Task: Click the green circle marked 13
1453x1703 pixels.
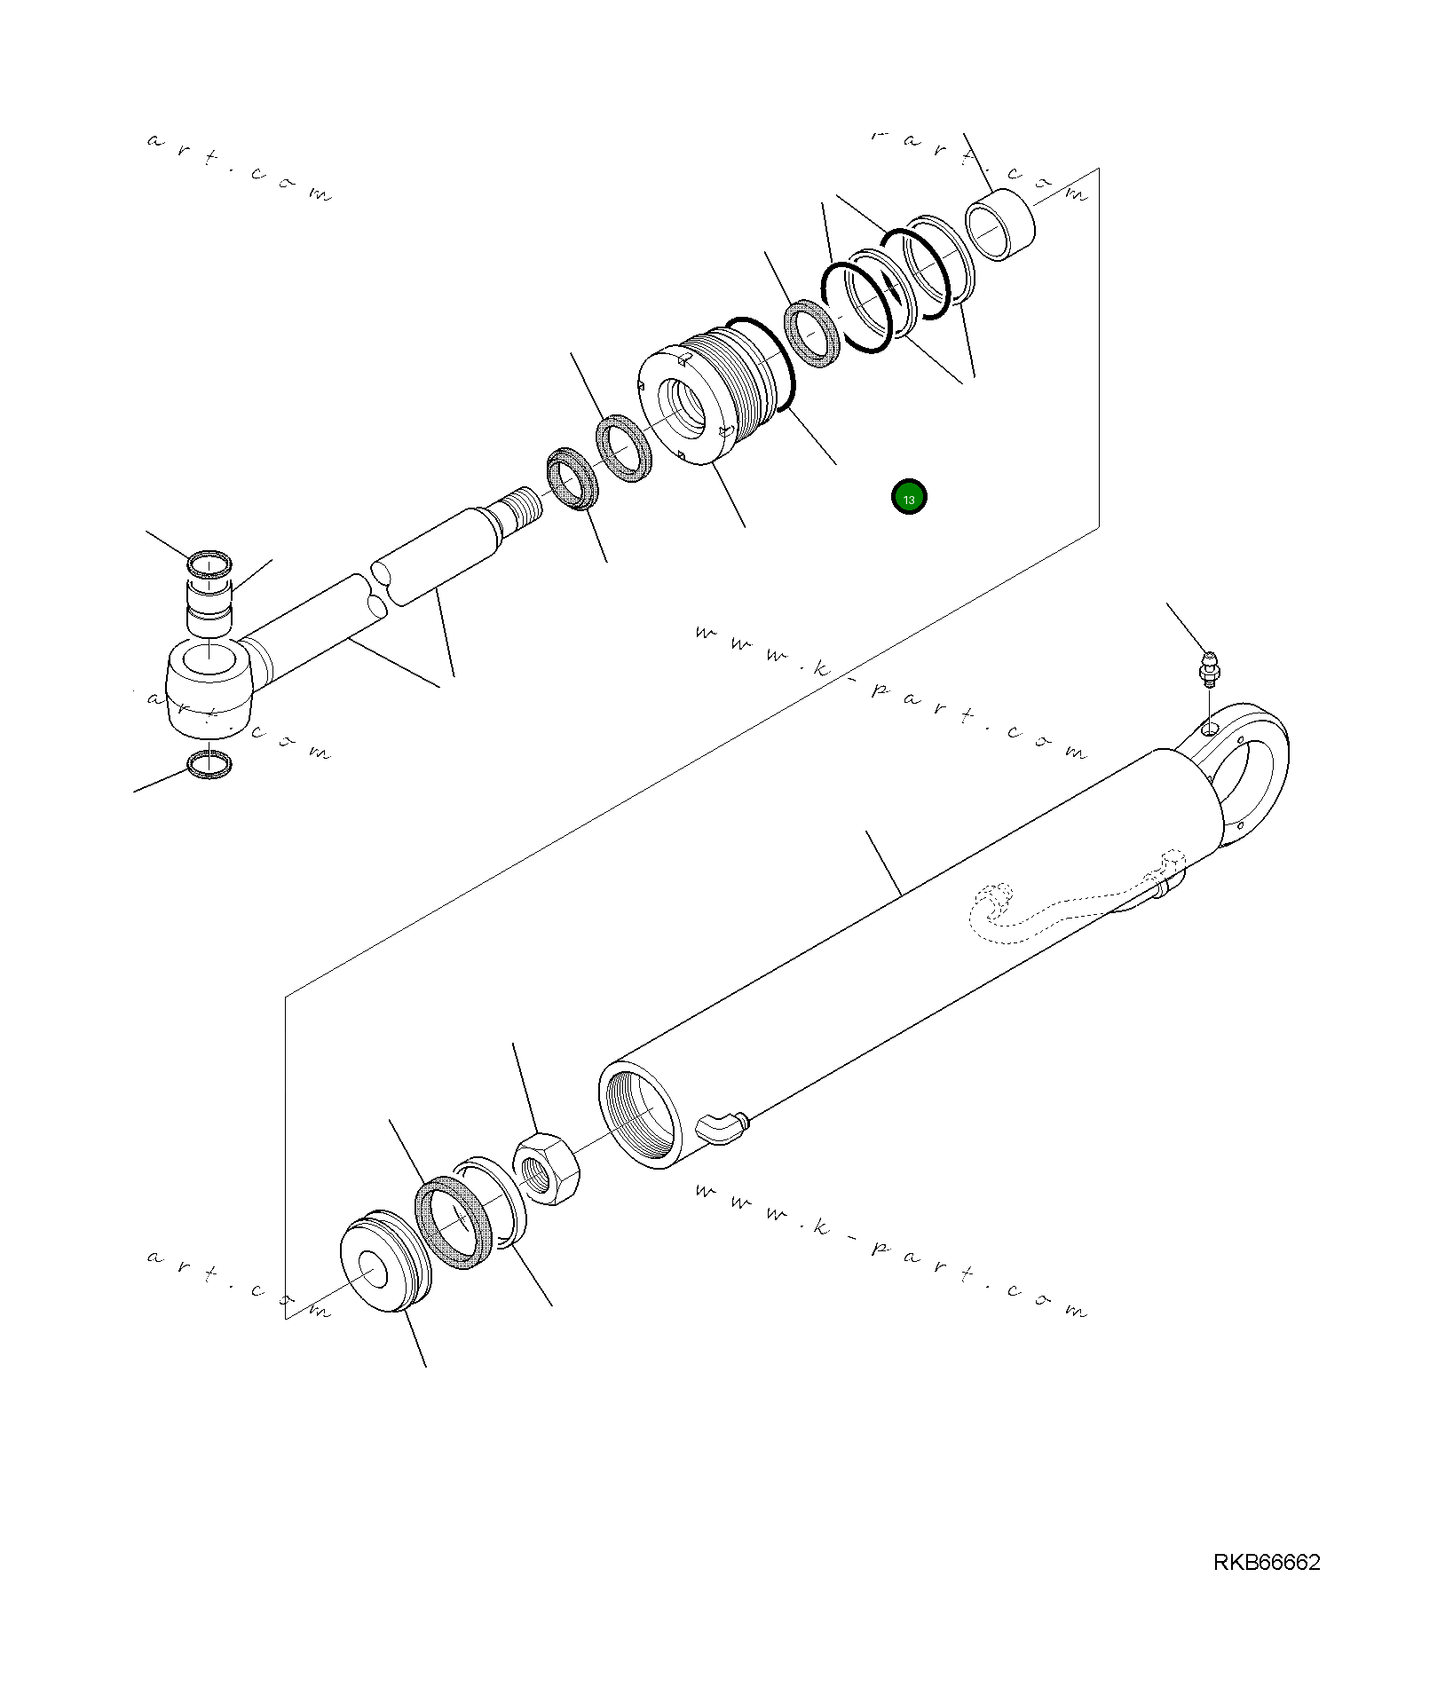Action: click(908, 498)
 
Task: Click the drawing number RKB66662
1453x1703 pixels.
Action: click(1266, 1587)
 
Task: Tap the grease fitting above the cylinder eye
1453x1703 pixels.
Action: click(1209, 668)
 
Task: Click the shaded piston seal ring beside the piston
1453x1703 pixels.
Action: click(454, 1221)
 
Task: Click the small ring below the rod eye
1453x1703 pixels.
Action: click(210, 764)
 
